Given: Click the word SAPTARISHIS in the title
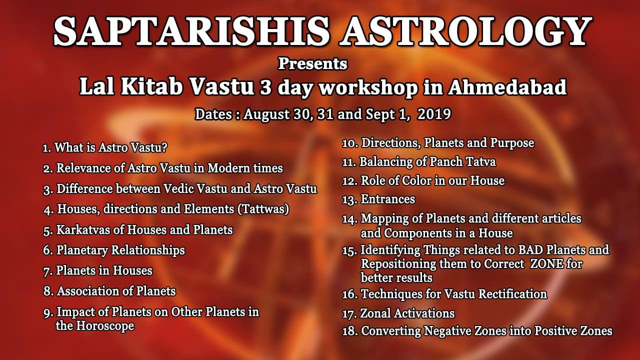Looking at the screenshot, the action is (x=191, y=31).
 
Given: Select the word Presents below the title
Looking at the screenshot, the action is (x=312, y=63).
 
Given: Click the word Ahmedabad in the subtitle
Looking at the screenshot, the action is (x=507, y=87).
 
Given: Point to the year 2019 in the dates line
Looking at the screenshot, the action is (x=434, y=114).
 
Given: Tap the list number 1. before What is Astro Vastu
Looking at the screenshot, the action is (x=47, y=148).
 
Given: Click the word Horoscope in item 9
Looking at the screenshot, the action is (x=105, y=326).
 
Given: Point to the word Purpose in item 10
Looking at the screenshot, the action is (x=512, y=143).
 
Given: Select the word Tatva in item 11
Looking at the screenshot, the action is (x=481, y=161).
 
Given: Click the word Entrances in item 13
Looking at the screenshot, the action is (x=387, y=199).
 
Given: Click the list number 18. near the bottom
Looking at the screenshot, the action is (x=349, y=331).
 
